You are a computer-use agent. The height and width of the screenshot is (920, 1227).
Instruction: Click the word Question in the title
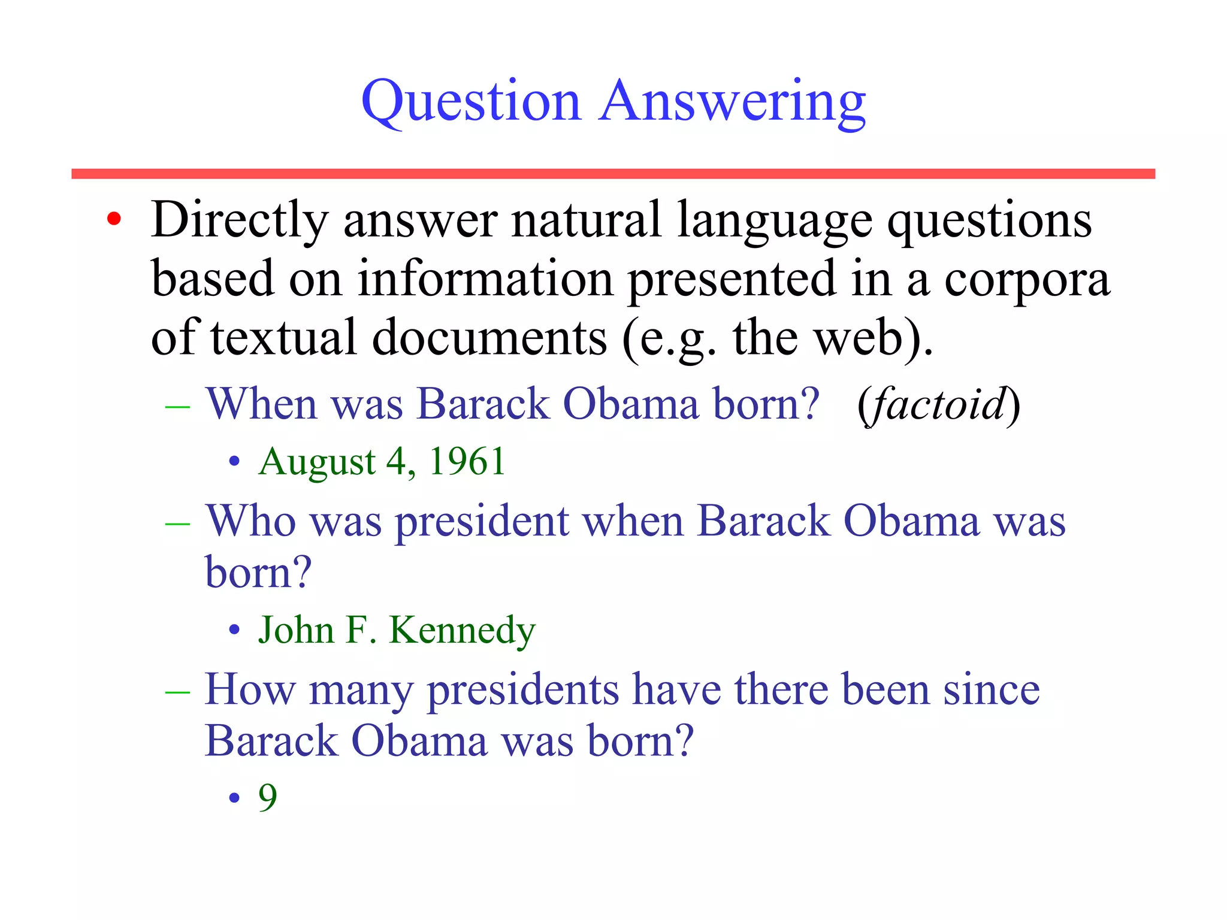tap(471, 102)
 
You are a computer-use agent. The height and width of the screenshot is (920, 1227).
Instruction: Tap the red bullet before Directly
tap(114, 219)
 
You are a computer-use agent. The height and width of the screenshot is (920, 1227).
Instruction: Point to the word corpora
tap(1027, 280)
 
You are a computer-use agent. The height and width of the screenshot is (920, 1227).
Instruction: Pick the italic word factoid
tap(938, 404)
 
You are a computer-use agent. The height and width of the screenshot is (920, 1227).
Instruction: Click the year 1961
tap(467, 462)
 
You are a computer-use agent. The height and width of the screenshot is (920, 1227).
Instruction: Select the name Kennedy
tap(462, 631)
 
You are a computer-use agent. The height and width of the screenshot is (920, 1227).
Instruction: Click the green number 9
tap(268, 798)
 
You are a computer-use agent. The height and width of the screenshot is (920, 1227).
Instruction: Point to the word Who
tap(250, 520)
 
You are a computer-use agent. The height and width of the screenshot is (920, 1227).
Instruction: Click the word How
tap(250, 689)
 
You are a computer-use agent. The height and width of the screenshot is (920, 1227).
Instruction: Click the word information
tap(485, 279)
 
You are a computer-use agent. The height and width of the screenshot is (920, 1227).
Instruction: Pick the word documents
tap(489, 338)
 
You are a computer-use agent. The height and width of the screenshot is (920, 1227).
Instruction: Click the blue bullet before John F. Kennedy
tap(234, 631)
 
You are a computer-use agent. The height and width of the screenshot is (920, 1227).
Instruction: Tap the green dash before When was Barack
tap(177, 407)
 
